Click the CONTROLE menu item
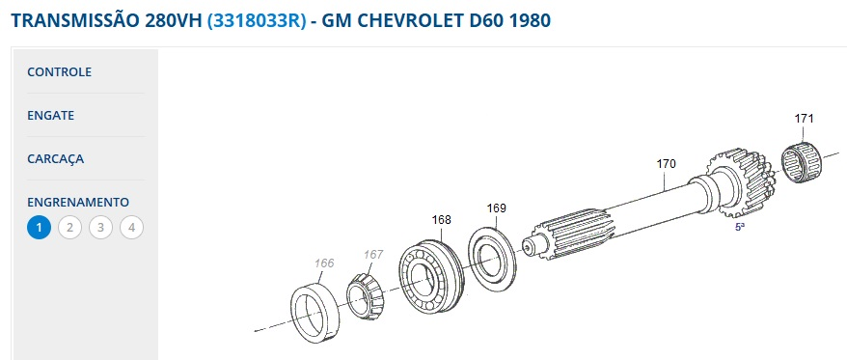tap(60, 71)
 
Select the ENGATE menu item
tap(51, 115)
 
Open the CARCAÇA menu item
tap(56, 159)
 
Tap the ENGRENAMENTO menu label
tap(78, 202)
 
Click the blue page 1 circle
tap(39, 228)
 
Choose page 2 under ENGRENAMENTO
tap(69, 228)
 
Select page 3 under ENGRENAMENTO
tap(100, 228)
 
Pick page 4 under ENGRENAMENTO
tap(131, 228)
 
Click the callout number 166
tap(324, 263)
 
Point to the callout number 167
tap(373, 254)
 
